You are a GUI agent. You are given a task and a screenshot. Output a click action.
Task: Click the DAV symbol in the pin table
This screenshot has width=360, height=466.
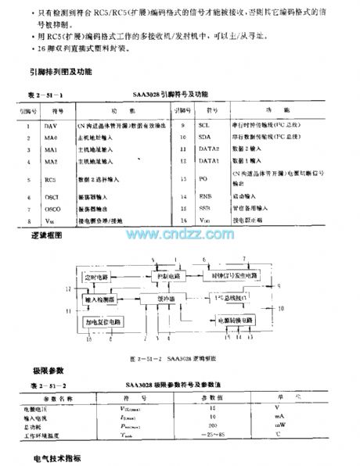point(50,125)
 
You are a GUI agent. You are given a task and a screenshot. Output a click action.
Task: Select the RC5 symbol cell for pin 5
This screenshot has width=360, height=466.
point(50,179)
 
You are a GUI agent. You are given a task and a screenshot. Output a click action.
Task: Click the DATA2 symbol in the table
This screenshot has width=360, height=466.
point(207,149)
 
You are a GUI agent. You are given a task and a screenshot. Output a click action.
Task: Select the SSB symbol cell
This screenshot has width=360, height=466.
point(205,210)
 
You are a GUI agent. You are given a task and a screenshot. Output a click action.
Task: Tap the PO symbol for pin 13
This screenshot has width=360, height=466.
point(203,178)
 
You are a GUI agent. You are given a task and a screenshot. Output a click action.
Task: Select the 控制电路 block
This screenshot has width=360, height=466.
point(164,277)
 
